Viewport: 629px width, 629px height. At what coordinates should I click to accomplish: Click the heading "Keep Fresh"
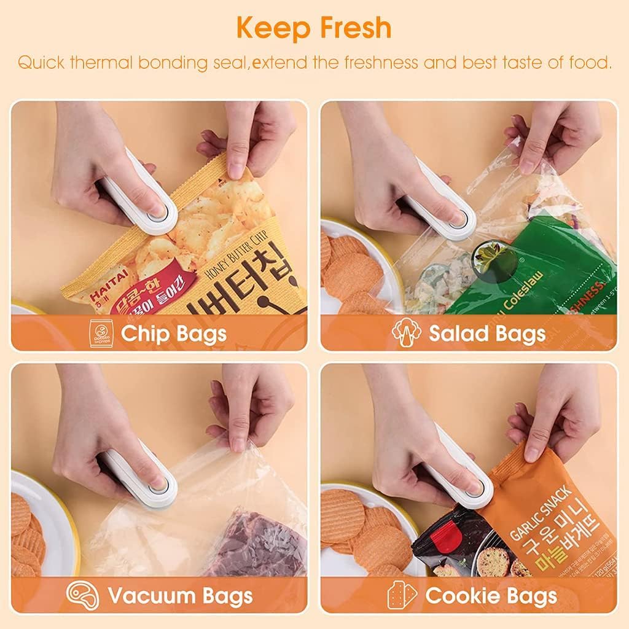[314, 28]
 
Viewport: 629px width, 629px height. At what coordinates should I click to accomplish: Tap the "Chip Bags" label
[174, 334]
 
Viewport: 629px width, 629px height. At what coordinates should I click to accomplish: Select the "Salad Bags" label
[486, 334]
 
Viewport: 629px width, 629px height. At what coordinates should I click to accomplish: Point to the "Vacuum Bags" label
[179, 595]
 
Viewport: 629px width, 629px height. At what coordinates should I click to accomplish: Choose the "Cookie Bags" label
[491, 595]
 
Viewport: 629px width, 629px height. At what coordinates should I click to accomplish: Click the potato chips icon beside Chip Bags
[100, 334]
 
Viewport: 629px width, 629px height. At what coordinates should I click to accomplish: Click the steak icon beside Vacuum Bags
[83, 595]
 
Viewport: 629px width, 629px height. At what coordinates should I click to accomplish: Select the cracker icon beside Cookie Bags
[402, 595]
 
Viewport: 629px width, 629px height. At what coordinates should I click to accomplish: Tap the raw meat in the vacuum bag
[258, 544]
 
